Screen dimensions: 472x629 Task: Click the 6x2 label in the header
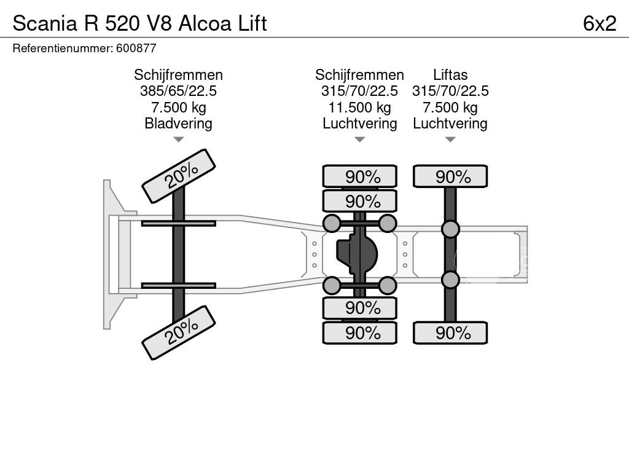click(599, 23)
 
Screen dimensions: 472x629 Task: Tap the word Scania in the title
click(41, 23)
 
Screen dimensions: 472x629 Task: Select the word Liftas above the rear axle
click(450, 75)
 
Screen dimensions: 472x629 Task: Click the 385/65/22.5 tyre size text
click(178, 91)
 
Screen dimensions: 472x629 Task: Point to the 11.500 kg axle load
click(359, 108)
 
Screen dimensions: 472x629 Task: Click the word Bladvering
click(178, 124)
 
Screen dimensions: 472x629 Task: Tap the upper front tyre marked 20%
click(179, 176)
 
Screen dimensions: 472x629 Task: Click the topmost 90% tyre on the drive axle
click(360, 176)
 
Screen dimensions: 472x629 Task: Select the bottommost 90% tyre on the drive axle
click(360, 333)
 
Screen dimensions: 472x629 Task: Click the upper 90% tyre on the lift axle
click(450, 176)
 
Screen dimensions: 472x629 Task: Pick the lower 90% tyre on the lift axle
click(450, 333)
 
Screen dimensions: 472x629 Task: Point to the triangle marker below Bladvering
click(178, 140)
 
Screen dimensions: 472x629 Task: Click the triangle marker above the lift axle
click(450, 140)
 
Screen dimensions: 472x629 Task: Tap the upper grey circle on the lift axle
click(450, 229)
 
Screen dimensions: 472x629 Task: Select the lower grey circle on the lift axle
click(450, 280)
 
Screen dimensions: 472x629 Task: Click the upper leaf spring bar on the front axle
click(178, 223)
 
